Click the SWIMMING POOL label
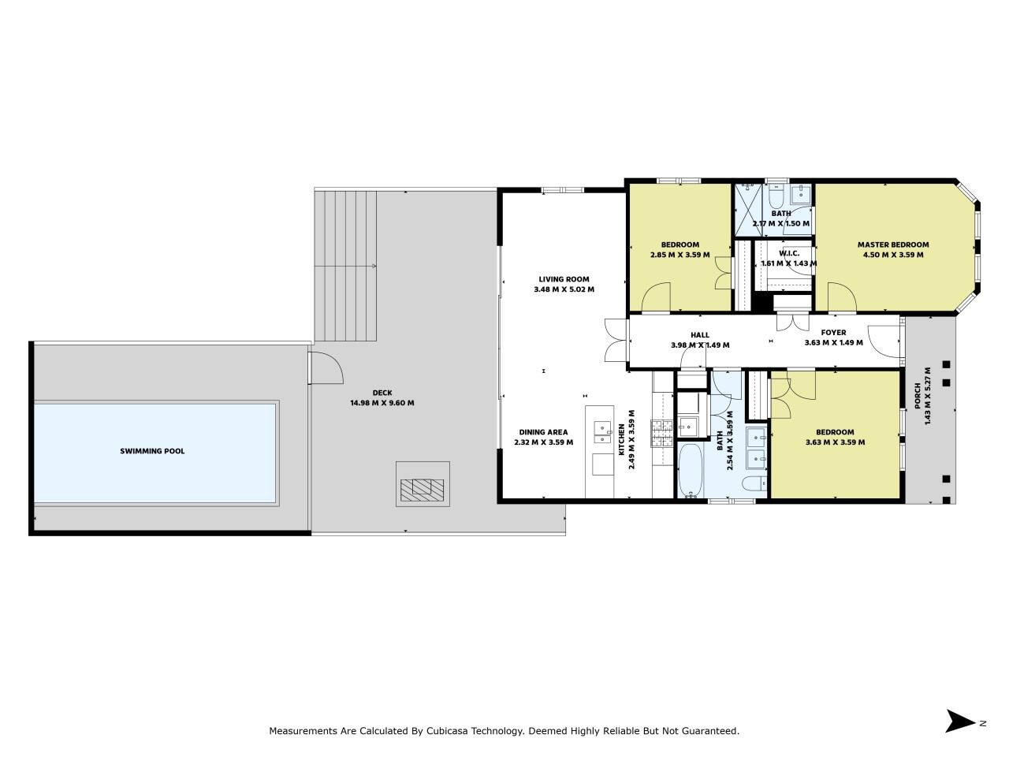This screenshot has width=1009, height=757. coord(152,451)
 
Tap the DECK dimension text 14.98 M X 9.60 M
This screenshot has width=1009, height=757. coord(382,403)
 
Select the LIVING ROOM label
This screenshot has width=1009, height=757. coord(564,279)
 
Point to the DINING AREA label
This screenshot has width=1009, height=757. coord(543,432)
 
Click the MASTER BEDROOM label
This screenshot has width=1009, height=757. coord(893,244)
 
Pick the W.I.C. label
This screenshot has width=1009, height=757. coord(789,253)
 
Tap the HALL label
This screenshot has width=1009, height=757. coord(700,335)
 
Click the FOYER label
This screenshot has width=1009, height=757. coord(833,332)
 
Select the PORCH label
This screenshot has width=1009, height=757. coord(918,396)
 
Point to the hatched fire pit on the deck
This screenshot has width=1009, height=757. coord(422,490)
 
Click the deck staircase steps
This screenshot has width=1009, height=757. coord(345,266)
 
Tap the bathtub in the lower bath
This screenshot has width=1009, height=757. coord(690,470)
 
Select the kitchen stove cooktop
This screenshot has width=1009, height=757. coord(662,434)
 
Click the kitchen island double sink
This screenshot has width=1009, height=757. coord(602,432)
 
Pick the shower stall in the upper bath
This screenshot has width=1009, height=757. coord(749,210)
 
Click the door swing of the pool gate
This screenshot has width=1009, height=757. coord(326,367)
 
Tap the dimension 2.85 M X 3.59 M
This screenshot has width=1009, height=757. coord(679,255)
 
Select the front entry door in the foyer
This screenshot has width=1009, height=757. coord(884,341)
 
